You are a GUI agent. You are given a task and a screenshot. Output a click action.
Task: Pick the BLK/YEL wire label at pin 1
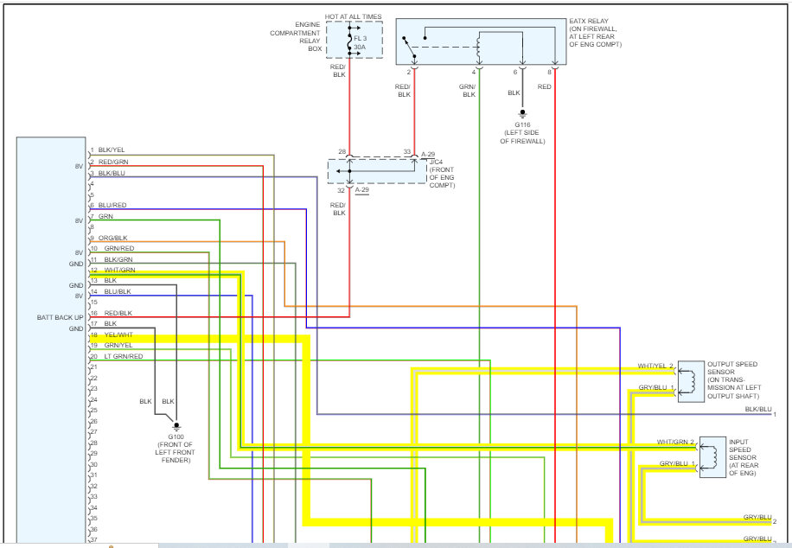click(112, 150)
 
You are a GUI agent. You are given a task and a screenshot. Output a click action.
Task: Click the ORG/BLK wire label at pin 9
click(113, 238)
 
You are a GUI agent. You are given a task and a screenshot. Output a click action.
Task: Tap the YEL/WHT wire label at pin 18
click(118, 335)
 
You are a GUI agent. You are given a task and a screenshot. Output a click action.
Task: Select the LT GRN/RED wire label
click(124, 356)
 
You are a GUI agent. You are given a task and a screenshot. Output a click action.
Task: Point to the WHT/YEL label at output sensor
click(652, 366)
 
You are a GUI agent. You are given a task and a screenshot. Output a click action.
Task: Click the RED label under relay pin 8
click(544, 87)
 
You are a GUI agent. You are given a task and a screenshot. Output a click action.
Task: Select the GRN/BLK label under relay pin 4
click(469, 91)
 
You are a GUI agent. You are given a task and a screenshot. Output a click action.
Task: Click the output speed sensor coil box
click(691, 381)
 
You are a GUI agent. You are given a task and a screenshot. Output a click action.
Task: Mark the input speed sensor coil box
click(712, 457)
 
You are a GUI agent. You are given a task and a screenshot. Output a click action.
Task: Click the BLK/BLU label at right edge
click(757, 409)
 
